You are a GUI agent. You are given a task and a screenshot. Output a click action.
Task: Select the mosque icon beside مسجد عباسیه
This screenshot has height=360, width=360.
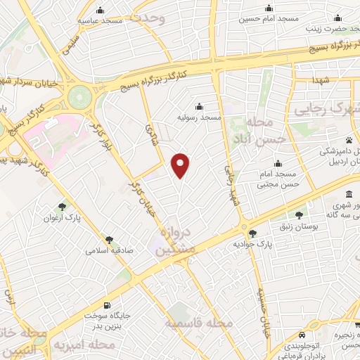coord(101,11)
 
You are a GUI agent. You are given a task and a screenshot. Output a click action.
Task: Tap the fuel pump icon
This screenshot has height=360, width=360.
coord(106,304)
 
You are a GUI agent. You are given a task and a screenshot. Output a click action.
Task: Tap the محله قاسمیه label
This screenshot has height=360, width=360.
coord(199,323)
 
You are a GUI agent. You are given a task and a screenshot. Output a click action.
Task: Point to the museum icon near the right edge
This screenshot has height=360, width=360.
coord(349,195)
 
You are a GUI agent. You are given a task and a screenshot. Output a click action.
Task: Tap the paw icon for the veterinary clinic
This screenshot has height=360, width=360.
coord(349,140)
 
